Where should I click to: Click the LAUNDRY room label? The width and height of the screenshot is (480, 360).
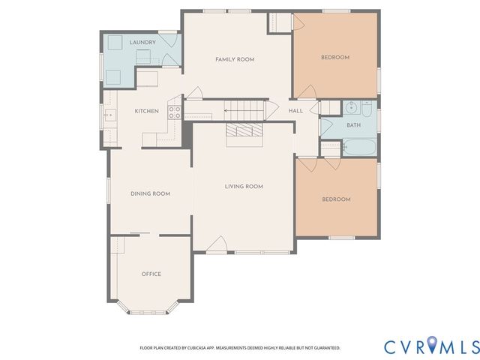point(142,43)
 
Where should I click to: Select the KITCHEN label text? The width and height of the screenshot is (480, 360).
point(146,111)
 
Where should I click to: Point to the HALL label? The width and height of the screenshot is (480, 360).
point(295,111)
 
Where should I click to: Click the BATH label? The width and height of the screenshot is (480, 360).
point(353,125)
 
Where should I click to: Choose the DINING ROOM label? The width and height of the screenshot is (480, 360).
point(150,193)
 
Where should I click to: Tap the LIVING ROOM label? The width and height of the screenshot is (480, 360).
point(244,186)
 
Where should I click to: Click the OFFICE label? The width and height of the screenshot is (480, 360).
point(151,274)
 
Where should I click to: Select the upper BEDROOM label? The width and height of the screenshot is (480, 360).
point(335,58)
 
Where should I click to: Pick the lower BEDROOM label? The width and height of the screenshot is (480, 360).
point(337,199)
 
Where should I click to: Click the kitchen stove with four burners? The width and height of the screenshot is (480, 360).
point(174,112)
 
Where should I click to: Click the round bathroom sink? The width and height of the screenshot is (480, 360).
point(350,107)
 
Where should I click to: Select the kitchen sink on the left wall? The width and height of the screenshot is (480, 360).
point(109,115)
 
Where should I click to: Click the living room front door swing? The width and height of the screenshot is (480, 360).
point(220,244)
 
